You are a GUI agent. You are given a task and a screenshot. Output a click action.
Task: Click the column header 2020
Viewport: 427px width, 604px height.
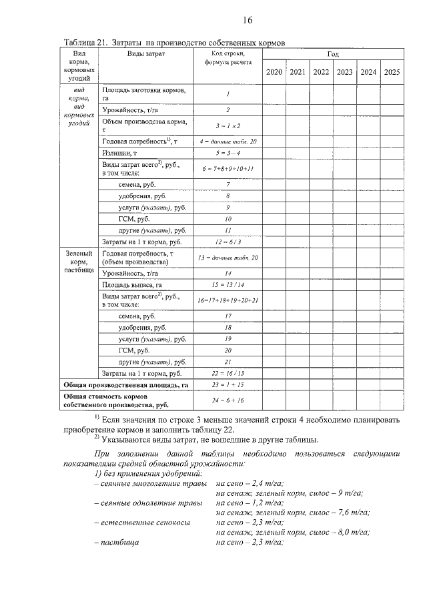(x=274, y=72)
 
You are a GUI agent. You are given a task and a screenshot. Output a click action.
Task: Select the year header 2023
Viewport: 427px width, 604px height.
(x=344, y=72)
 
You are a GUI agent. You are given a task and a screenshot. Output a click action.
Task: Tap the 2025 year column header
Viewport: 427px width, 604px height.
(x=392, y=72)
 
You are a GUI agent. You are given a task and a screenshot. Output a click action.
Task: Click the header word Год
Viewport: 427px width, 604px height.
(x=332, y=53)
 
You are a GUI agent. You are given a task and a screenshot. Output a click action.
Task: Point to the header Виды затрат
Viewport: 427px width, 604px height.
(x=146, y=53)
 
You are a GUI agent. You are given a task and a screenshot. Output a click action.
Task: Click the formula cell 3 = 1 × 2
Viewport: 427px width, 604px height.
(x=228, y=125)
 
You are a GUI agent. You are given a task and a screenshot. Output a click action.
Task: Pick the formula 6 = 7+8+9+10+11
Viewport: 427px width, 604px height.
(x=228, y=169)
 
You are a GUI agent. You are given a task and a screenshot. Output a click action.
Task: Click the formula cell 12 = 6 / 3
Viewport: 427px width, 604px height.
(x=228, y=242)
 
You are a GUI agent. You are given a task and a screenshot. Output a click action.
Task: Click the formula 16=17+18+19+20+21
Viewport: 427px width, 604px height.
(x=228, y=300)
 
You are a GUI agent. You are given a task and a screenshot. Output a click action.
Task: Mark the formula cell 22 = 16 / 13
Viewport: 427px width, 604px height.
(x=228, y=373)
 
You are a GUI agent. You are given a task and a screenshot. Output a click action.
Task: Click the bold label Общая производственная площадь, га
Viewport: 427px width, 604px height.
(x=126, y=386)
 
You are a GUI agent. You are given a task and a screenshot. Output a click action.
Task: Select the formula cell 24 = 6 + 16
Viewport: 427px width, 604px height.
(x=228, y=400)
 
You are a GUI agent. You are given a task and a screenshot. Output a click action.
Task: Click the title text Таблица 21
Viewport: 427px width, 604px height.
(x=85, y=42)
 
